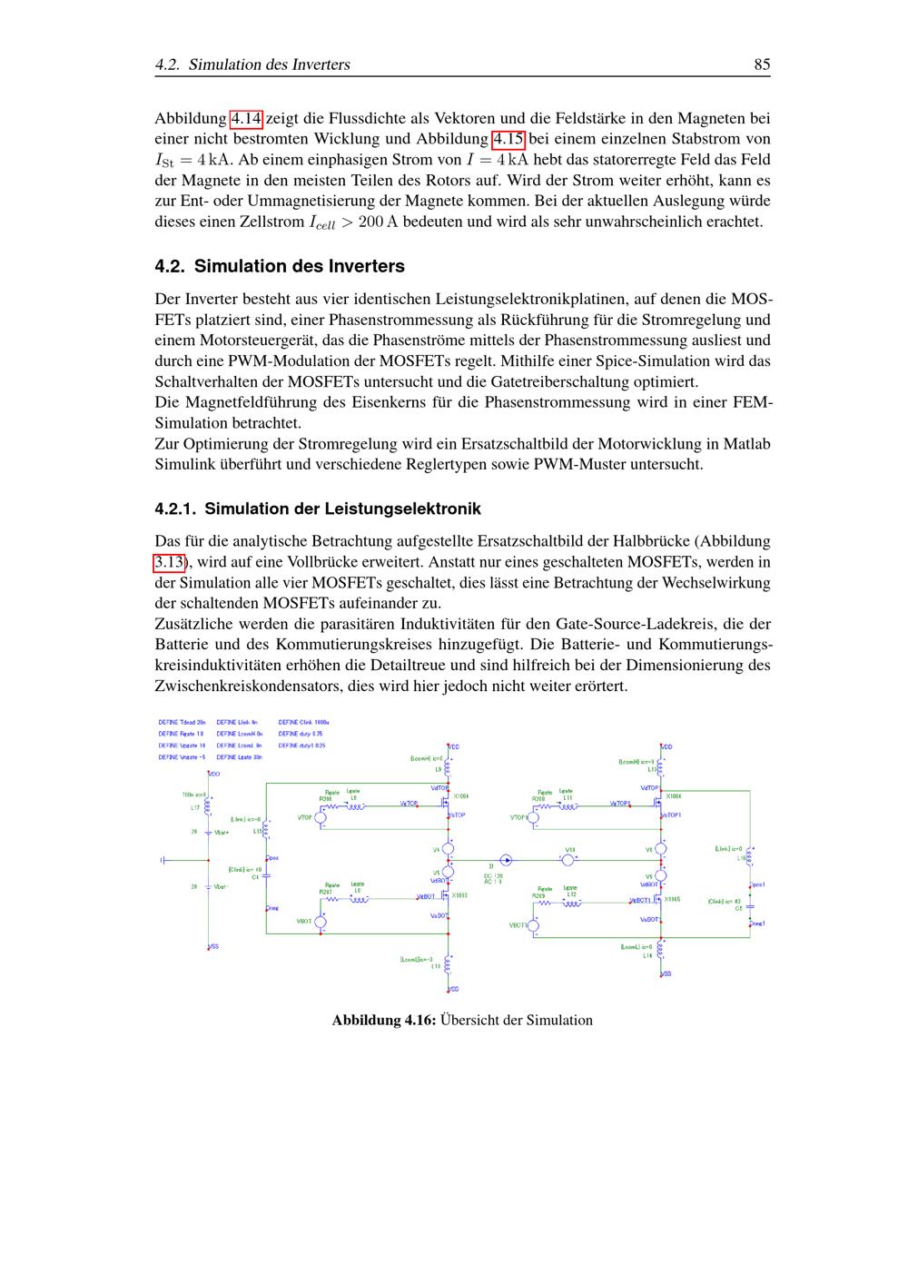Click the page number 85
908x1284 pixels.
(761, 64)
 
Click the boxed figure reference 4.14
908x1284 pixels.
(246, 118)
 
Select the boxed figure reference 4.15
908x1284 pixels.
(508, 139)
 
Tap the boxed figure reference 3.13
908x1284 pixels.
(169, 562)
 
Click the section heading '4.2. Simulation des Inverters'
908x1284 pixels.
(280, 266)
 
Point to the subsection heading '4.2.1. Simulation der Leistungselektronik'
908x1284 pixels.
(318, 509)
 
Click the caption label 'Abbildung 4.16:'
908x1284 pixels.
(384, 1020)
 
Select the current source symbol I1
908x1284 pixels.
(507, 859)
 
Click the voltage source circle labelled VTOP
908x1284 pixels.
(320, 818)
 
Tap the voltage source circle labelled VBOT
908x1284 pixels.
(320, 922)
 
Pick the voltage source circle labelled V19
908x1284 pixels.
(568, 859)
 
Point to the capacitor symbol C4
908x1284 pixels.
(265, 877)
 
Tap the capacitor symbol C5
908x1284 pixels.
(750, 906)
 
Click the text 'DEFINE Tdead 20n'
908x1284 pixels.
(182, 722)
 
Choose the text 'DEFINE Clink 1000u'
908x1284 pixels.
(303, 722)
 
